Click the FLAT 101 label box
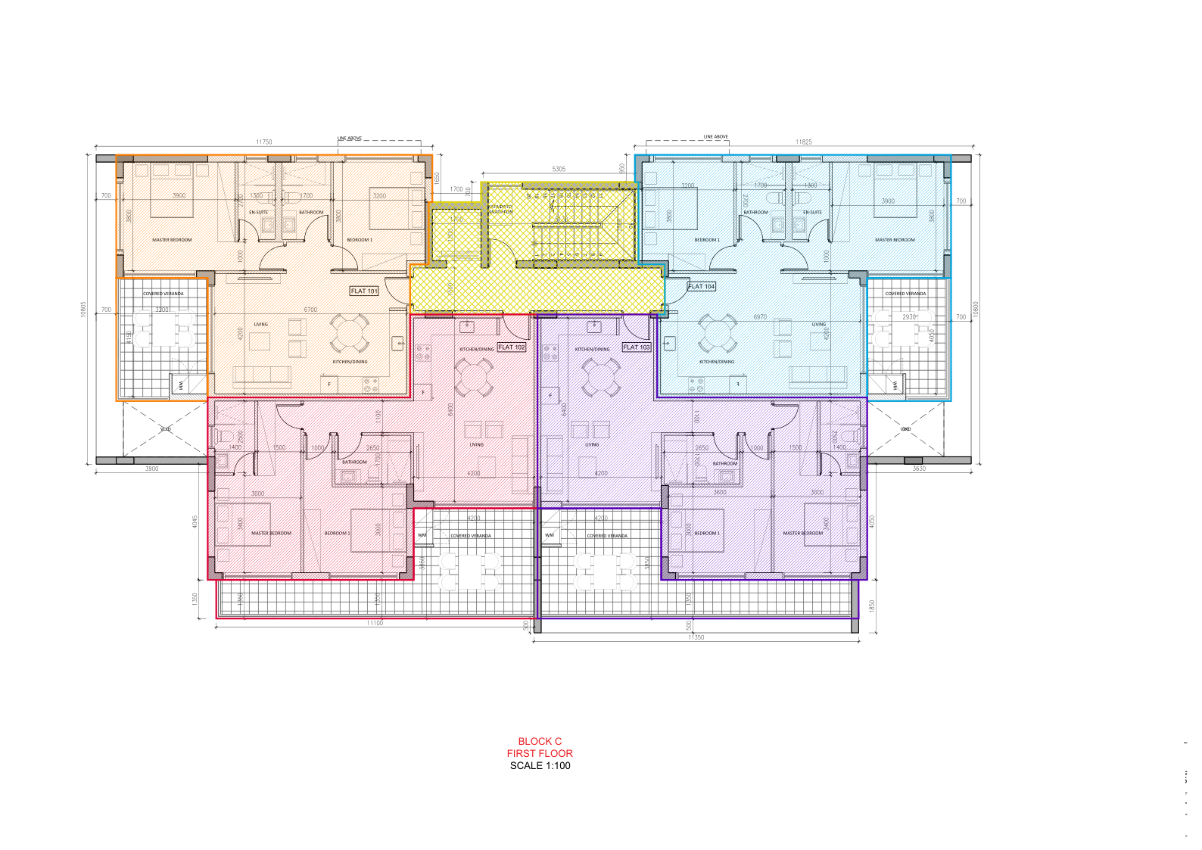point(364,291)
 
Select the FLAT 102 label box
point(512,347)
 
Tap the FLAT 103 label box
point(637,347)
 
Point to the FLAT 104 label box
point(702,287)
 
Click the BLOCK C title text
point(540,742)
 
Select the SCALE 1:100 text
point(540,766)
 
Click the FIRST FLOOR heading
point(540,754)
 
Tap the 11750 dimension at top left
point(264,142)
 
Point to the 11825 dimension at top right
point(804,142)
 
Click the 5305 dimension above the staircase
point(559,169)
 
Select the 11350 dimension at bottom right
point(696,637)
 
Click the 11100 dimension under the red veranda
point(375,623)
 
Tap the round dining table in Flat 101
point(350,334)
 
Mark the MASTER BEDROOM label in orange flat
point(172,240)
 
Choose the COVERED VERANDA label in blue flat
point(905,294)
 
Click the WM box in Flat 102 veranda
point(422,535)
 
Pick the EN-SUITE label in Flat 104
point(812,213)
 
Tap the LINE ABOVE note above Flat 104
point(715,137)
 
